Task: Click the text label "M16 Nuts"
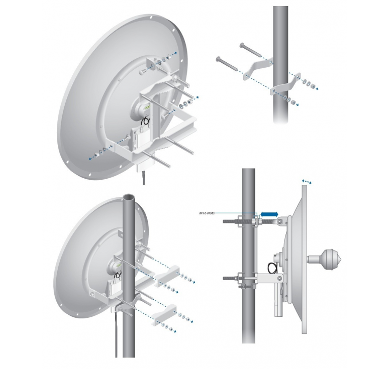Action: tap(209, 213)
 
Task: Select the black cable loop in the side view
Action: tap(273, 267)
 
